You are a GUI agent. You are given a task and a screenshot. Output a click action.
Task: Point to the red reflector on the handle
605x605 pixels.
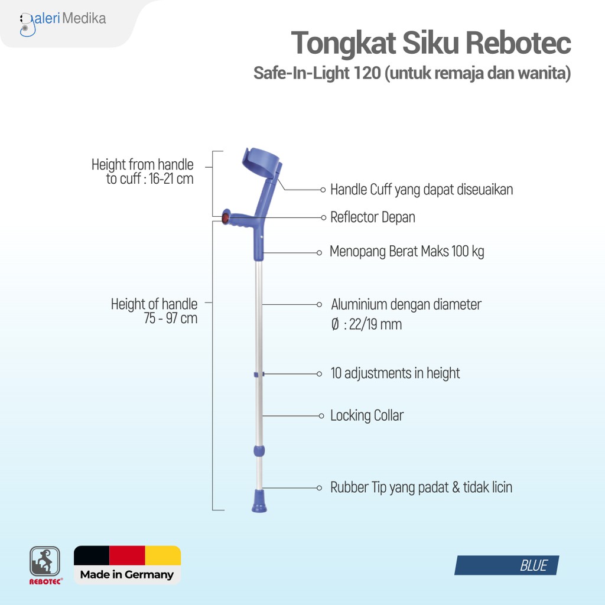click(225, 217)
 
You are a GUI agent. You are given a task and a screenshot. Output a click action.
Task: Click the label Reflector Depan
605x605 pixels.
click(372, 217)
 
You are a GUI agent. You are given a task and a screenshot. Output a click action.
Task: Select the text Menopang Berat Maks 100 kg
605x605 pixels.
click(407, 252)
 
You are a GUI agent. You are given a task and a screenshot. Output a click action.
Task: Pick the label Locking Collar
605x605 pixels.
click(366, 416)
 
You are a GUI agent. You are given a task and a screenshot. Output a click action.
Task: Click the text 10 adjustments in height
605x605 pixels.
click(395, 373)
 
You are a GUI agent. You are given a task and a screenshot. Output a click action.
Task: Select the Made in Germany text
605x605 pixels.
click(127, 574)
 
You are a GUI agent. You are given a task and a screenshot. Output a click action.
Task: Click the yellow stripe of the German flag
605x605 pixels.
click(162, 555)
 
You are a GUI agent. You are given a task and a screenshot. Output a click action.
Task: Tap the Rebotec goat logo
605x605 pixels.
click(45, 561)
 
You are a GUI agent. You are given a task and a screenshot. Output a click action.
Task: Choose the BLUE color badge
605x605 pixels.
click(507, 565)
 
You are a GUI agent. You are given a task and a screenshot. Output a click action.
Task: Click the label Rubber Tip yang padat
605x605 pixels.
click(421, 487)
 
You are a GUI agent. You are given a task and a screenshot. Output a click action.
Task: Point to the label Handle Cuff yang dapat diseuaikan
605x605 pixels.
click(421, 190)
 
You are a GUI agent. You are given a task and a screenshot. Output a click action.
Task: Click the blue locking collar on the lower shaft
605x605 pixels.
click(259, 451)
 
